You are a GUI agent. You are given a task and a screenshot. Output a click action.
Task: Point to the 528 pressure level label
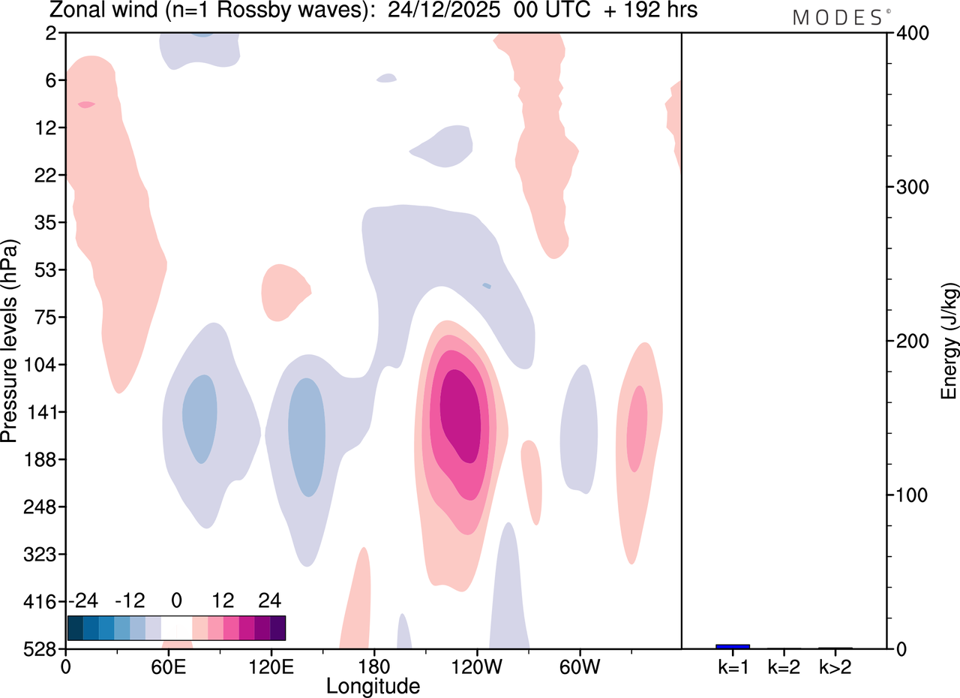point(40,649)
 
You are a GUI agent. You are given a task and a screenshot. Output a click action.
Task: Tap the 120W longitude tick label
point(477,667)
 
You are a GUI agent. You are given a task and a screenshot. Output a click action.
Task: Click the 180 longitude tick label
point(374,667)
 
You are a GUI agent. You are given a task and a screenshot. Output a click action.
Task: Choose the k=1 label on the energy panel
point(733,667)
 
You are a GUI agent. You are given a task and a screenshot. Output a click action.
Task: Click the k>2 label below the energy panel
point(835,667)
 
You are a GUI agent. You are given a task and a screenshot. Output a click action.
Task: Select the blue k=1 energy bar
point(733,646)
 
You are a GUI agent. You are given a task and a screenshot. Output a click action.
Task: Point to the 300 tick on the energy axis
point(913,187)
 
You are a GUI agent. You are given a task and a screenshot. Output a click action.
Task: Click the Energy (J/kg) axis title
point(948,341)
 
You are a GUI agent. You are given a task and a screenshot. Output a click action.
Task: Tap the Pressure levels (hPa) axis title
point(9,341)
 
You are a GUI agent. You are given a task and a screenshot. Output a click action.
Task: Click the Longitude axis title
point(373,687)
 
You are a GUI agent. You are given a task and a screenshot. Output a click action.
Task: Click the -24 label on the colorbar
point(83,600)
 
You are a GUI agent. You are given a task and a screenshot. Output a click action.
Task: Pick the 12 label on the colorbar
point(223,600)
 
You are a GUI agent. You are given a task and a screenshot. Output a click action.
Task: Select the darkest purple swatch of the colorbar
point(277,628)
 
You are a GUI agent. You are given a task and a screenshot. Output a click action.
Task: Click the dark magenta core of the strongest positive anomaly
point(461,416)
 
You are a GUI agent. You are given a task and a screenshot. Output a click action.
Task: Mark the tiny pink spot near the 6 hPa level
point(86,104)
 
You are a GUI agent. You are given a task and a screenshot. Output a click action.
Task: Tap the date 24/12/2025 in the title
point(443,10)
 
